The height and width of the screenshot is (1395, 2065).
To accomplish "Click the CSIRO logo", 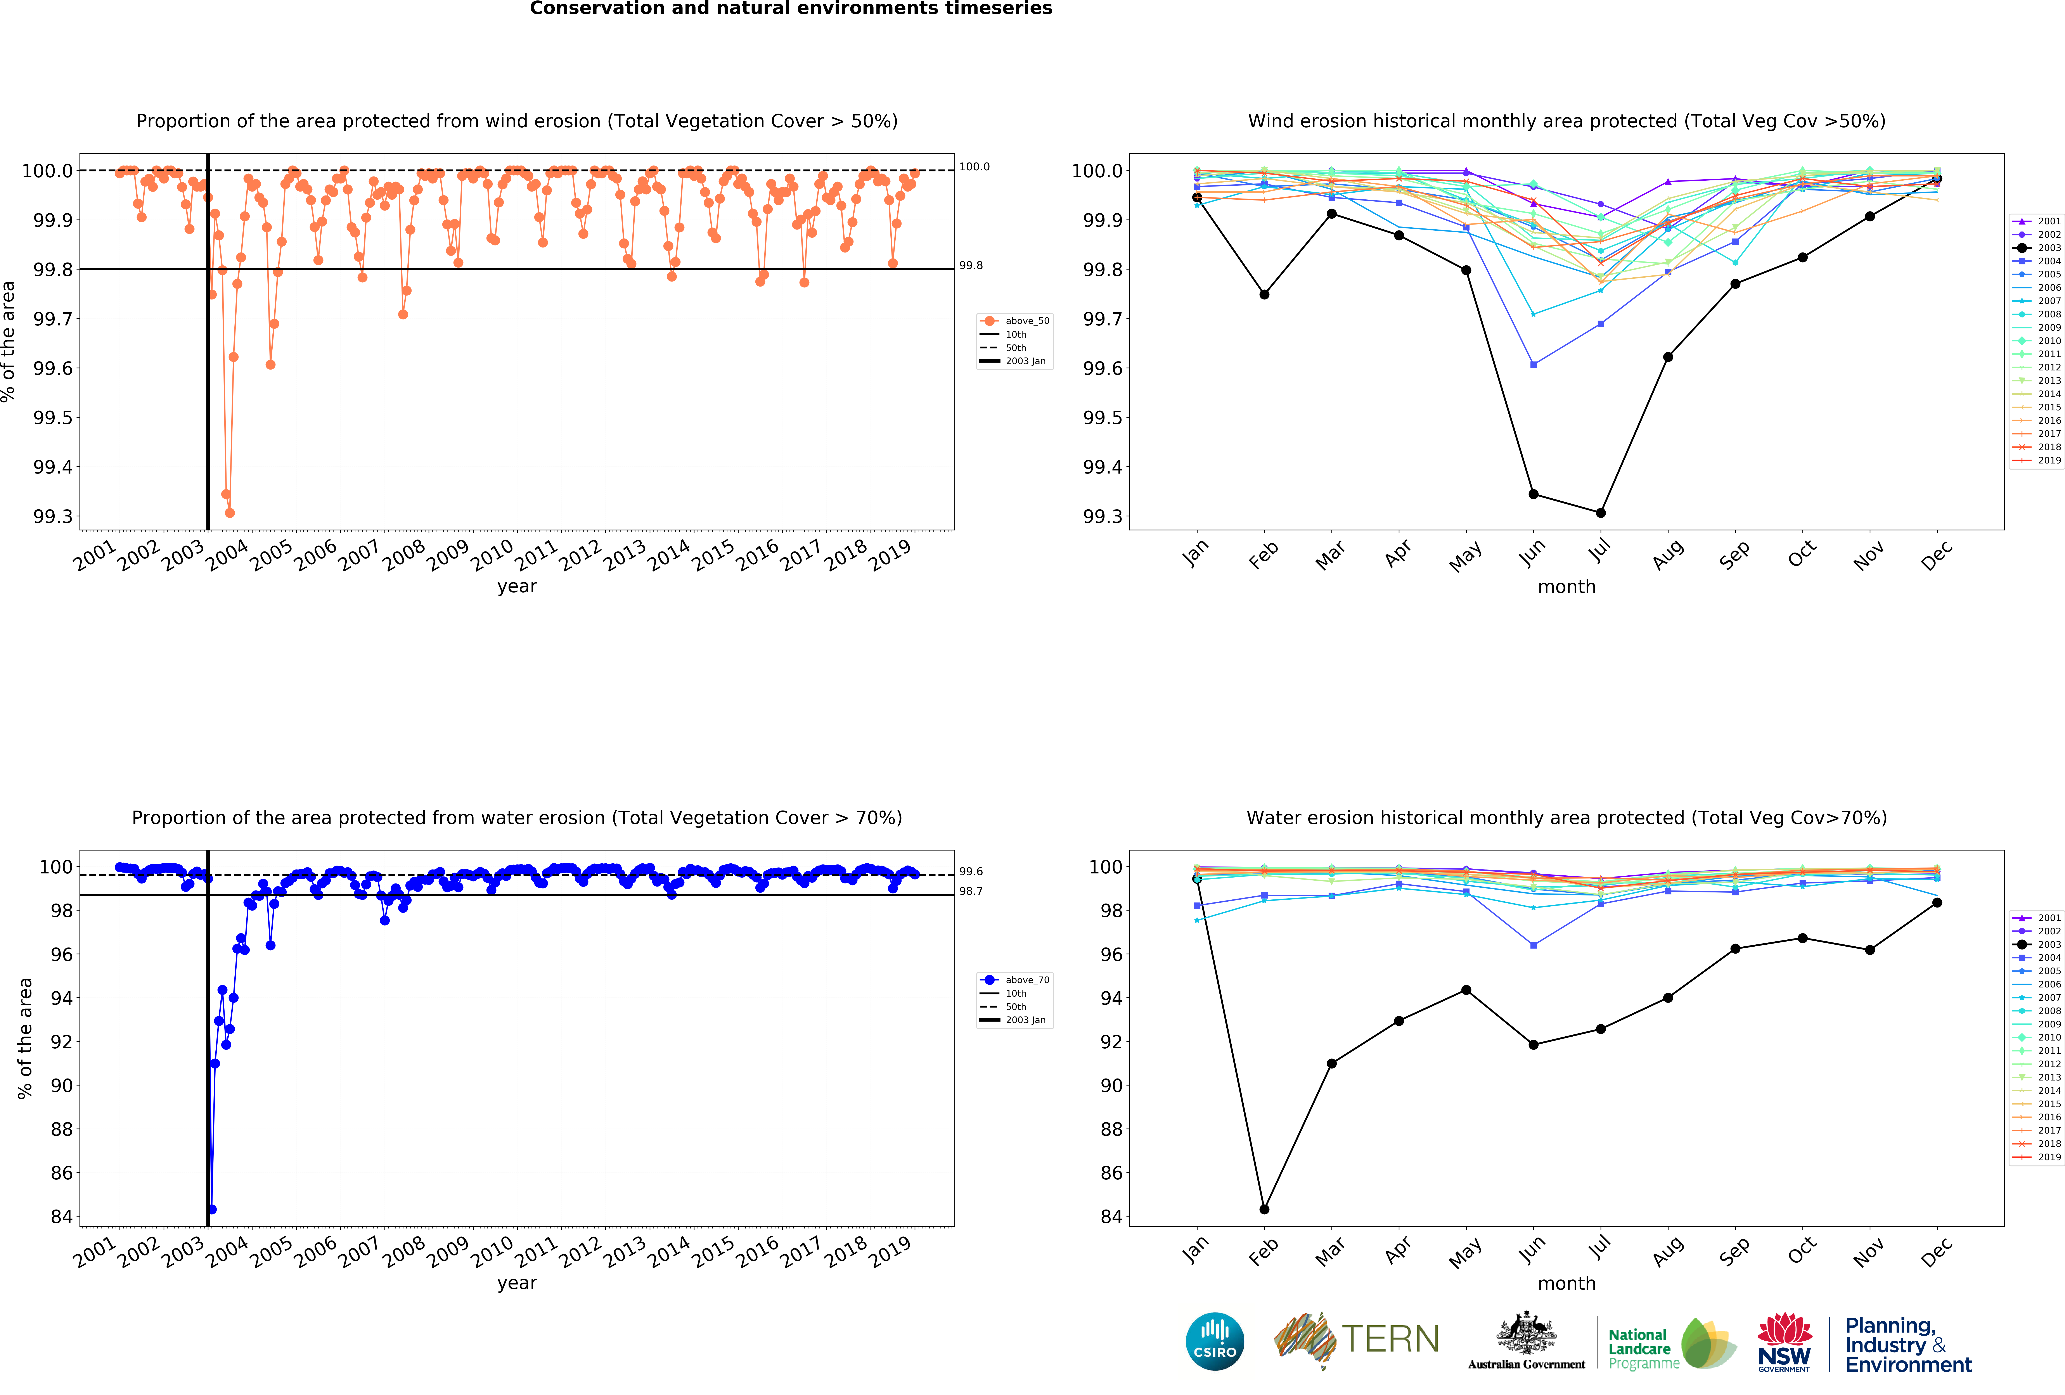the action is click(1215, 1341).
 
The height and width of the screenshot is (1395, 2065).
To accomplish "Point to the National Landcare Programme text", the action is click(1644, 1349).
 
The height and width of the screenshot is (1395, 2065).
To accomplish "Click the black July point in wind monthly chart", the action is click(1600, 513).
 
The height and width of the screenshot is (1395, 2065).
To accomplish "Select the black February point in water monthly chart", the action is click(1264, 1209).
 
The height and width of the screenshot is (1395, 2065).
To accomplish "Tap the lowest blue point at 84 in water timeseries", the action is click(211, 1209).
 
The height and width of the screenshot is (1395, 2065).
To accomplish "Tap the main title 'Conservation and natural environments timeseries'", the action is click(791, 9).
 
